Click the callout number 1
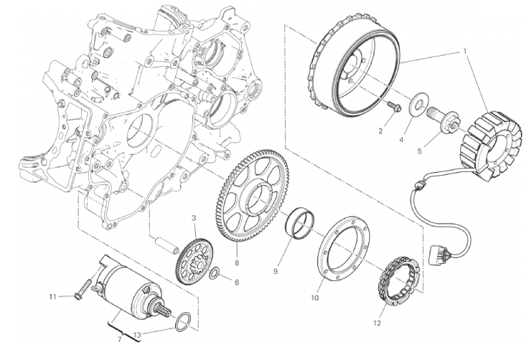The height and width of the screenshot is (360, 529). click(x=464, y=52)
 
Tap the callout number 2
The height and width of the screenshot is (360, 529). click(x=380, y=131)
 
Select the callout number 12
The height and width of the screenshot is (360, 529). click(x=377, y=323)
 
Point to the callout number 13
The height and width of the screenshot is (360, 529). click(x=136, y=335)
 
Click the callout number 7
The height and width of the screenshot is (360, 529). click(x=119, y=339)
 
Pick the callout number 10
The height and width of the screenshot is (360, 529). click(x=314, y=298)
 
